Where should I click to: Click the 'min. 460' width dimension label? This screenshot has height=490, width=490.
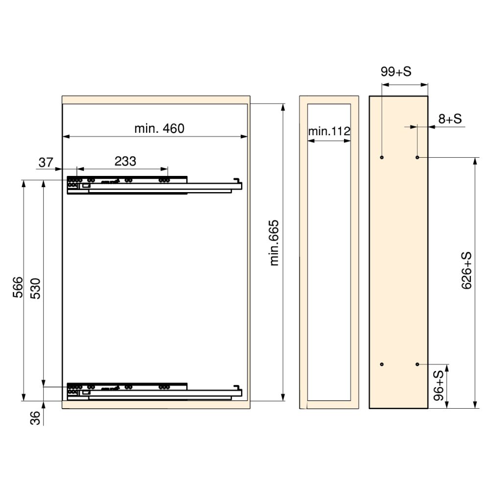click(159, 128)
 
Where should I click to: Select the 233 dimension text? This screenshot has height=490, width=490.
click(125, 161)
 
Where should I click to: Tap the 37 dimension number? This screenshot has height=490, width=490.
click(46, 163)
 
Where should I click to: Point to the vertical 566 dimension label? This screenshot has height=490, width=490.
click(18, 287)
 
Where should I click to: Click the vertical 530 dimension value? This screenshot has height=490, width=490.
click(35, 289)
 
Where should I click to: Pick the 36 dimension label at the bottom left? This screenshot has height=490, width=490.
click(35, 418)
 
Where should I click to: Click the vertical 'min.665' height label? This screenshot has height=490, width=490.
click(274, 243)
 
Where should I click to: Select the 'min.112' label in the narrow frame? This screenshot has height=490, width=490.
click(329, 131)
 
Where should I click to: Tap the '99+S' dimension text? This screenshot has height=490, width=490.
click(395, 72)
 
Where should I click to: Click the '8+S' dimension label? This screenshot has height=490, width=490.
click(450, 119)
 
